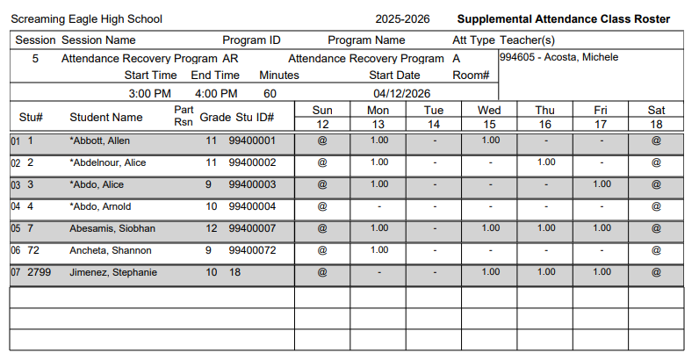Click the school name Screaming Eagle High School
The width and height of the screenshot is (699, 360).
pyautogui.click(x=86, y=19)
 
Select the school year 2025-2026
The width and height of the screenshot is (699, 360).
pyautogui.click(x=402, y=19)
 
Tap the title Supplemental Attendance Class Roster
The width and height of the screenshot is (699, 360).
pyautogui.click(x=564, y=19)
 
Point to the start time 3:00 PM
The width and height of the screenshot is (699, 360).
pyautogui.click(x=150, y=94)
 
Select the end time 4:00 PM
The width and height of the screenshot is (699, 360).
pyautogui.click(x=216, y=94)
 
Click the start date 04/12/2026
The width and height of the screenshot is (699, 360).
pyautogui.click(x=402, y=94)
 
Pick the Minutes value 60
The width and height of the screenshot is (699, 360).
pyautogui.click(x=270, y=94)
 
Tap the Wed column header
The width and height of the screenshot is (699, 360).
pyautogui.click(x=489, y=110)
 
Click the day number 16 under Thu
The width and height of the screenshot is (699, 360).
pyautogui.click(x=545, y=125)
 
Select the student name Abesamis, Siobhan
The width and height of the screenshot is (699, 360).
pyautogui.click(x=112, y=228)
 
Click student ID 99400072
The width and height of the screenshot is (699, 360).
pyautogui.click(x=252, y=250)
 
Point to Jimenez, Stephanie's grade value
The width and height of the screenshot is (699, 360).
pyautogui.click(x=212, y=272)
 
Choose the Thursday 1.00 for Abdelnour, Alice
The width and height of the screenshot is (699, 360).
pyautogui.click(x=546, y=162)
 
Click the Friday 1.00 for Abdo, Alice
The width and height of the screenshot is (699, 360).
pyautogui.click(x=602, y=184)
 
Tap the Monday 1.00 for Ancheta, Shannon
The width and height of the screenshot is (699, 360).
pyautogui.click(x=379, y=250)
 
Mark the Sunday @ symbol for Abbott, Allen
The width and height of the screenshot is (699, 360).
pyautogui.click(x=322, y=140)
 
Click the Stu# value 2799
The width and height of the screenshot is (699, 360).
pyautogui.click(x=40, y=272)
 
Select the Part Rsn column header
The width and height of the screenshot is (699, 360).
pyautogui.click(x=184, y=116)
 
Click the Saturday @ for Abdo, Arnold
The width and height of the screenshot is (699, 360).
pyautogui.click(x=656, y=206)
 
